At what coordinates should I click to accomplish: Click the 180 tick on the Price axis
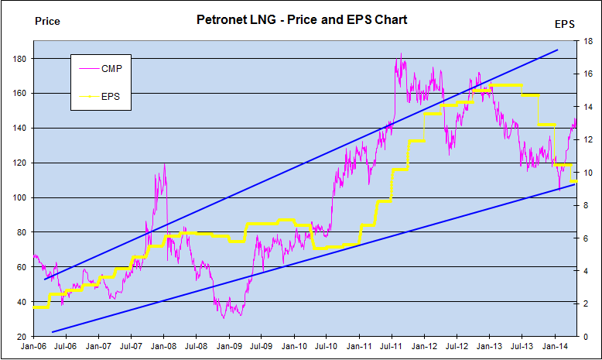(x=20, y=59)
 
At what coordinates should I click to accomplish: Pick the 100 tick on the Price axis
(x=20, y=197)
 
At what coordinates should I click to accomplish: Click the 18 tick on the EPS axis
(x=587, y=41)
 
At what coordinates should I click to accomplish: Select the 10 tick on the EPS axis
(x=587, y=173)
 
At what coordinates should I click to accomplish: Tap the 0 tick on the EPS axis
(x=585, y=337)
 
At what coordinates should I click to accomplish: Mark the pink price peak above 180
(x=400, y=54)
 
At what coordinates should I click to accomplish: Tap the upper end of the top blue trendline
(x=557, y=50)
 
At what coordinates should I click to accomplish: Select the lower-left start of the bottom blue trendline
(x=52, y=331)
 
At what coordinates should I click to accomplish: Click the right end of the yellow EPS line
(x=576, y=181)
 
